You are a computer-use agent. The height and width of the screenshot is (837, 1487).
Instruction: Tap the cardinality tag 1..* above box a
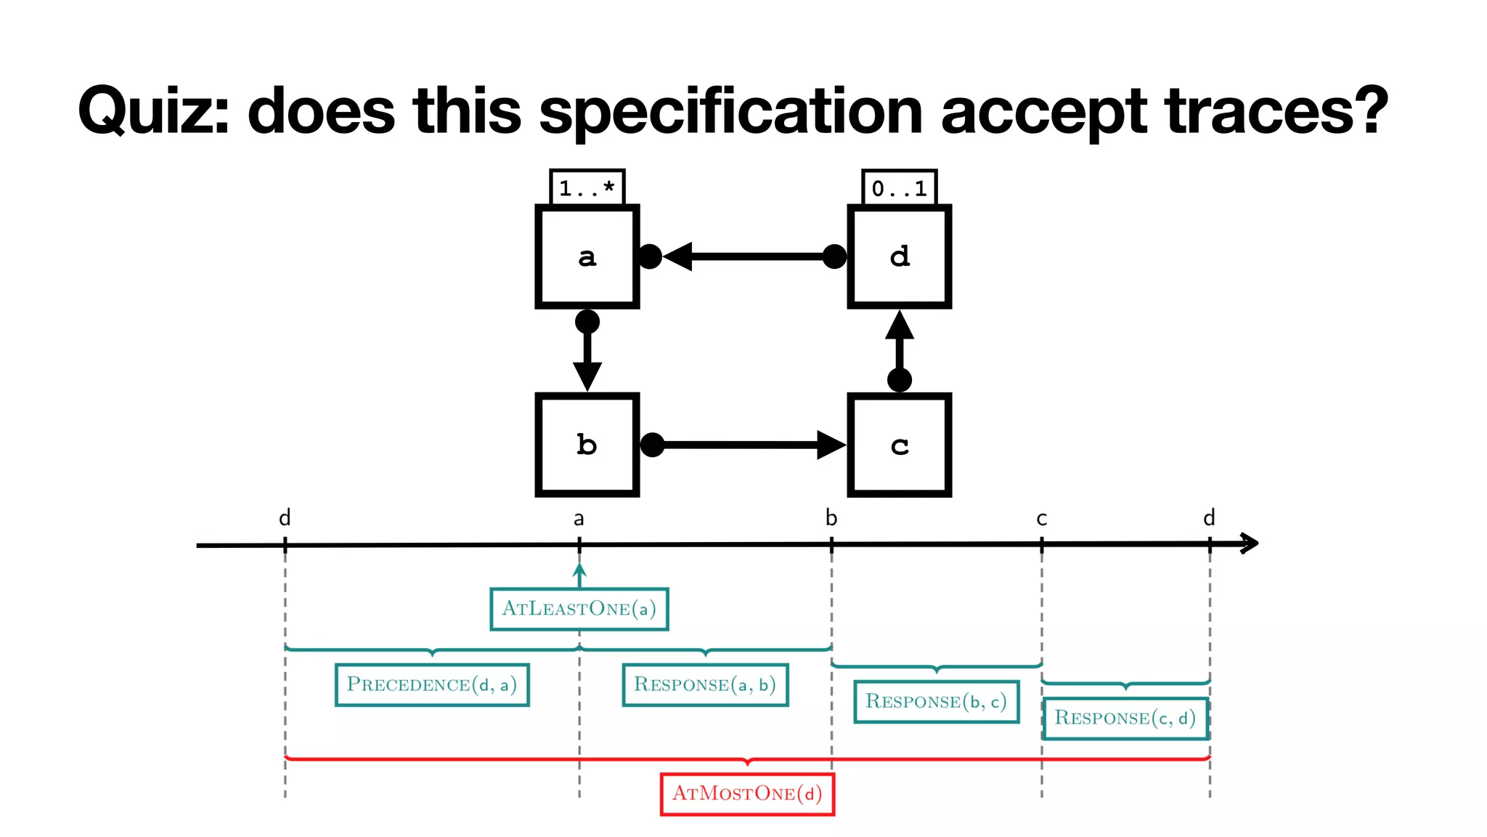click(x=587, y=188)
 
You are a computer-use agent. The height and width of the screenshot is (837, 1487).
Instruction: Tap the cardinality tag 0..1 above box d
click(x=899, y=188)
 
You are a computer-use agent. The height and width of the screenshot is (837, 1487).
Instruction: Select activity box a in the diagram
click(x=587, y=256)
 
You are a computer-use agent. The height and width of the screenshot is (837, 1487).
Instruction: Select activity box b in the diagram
click(x=587, y=445)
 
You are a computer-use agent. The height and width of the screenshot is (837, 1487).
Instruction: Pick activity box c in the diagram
click(x=899, y=445)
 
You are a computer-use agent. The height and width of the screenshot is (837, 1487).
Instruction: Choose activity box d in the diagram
click(x=899, y=256)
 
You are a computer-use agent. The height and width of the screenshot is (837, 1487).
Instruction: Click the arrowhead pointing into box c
click(x=831, y=445)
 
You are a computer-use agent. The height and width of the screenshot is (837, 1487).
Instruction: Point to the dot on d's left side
click(x=834, y=256)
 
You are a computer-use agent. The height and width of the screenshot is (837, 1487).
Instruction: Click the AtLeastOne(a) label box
click(x=579, y=609)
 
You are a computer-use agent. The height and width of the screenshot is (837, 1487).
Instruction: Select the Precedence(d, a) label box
click(x=432, y=684)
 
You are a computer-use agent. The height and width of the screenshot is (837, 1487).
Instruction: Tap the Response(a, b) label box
click(x=705, y=684)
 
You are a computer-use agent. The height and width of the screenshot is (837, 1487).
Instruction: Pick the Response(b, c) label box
click(x=936, y=702)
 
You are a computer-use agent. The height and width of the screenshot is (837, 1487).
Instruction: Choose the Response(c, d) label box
click(x=1125, y=719)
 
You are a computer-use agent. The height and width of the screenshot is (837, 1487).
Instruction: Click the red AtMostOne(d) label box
click(x=747, y=793)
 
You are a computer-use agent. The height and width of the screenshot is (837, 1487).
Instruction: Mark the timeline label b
click(x=831, y=518)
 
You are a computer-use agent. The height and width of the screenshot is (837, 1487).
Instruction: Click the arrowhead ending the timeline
click(x=1250, y=543)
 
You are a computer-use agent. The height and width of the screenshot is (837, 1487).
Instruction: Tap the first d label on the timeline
click(x=285, y=518)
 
